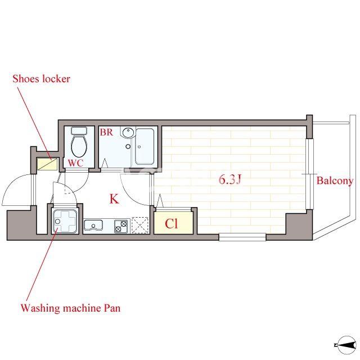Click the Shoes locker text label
tap(41, 79)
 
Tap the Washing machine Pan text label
tap(70, 308)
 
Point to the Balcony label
tap(335, 181)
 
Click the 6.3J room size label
tap(230, 179)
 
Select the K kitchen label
tap(114, 199)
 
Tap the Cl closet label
tap(171, 223)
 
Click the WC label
tap(75, 163)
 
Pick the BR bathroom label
tap(106, 132)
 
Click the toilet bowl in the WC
tap(79, 146)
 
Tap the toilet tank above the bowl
tap(79, 130)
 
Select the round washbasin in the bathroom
tap(128, 132)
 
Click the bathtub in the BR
tap(145, 146)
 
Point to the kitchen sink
tap(93, 225)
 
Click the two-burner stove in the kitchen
tap(121, 226)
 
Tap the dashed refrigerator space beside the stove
tap(140, 225)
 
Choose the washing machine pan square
tap(65, 221)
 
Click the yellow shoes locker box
tap(47, 164)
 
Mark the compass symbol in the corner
tap(346, 345)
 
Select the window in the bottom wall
tap(242, 237)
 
